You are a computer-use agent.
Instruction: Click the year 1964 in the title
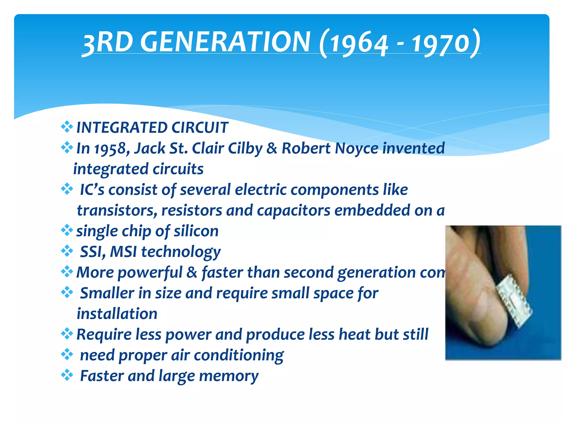359,44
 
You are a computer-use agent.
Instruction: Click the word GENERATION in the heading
225,42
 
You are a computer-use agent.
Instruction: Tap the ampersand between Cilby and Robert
272,149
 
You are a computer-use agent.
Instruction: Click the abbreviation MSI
123,252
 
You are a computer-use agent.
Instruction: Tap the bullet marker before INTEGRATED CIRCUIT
67,127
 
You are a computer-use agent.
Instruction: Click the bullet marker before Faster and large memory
67,375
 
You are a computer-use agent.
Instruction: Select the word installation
117,314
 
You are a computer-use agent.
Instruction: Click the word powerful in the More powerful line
150,273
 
